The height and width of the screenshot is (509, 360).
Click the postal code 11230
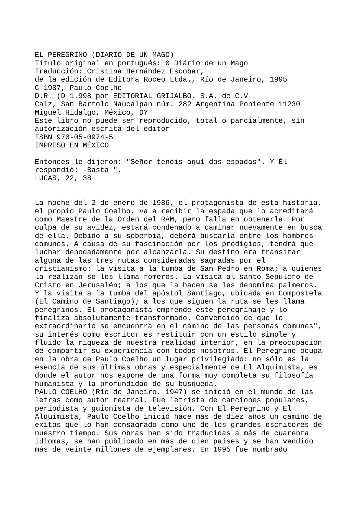[x=289, y=104]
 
